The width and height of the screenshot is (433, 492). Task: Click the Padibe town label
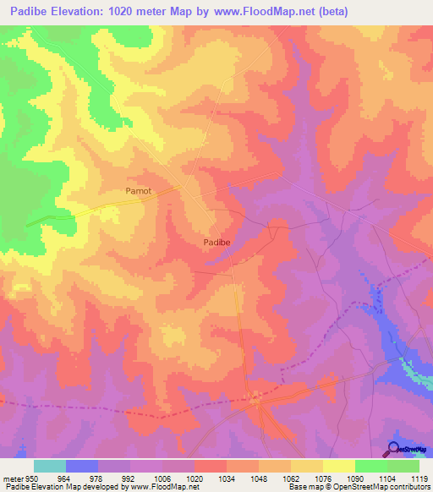tap(217, 242)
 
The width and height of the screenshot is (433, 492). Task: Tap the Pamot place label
tap(139, 191)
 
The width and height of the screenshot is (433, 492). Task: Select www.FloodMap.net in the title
tap(279, 11)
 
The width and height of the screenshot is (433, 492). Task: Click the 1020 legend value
tap(195, 478)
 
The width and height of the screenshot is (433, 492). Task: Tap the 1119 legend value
tap(418, 478)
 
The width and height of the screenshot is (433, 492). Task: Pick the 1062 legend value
tap(291, 478)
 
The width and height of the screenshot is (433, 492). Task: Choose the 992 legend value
tap(130, 478)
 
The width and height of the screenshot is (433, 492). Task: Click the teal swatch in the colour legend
tap(50, 466)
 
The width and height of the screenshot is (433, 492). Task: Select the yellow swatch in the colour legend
tap(338, 466)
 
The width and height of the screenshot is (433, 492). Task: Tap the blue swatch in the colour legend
tap(82, 466)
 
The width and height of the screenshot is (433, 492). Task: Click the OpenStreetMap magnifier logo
tap(393, 449)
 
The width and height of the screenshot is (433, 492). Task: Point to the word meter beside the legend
tap(13, 478)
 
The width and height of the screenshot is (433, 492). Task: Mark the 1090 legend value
tap(355, 478)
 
